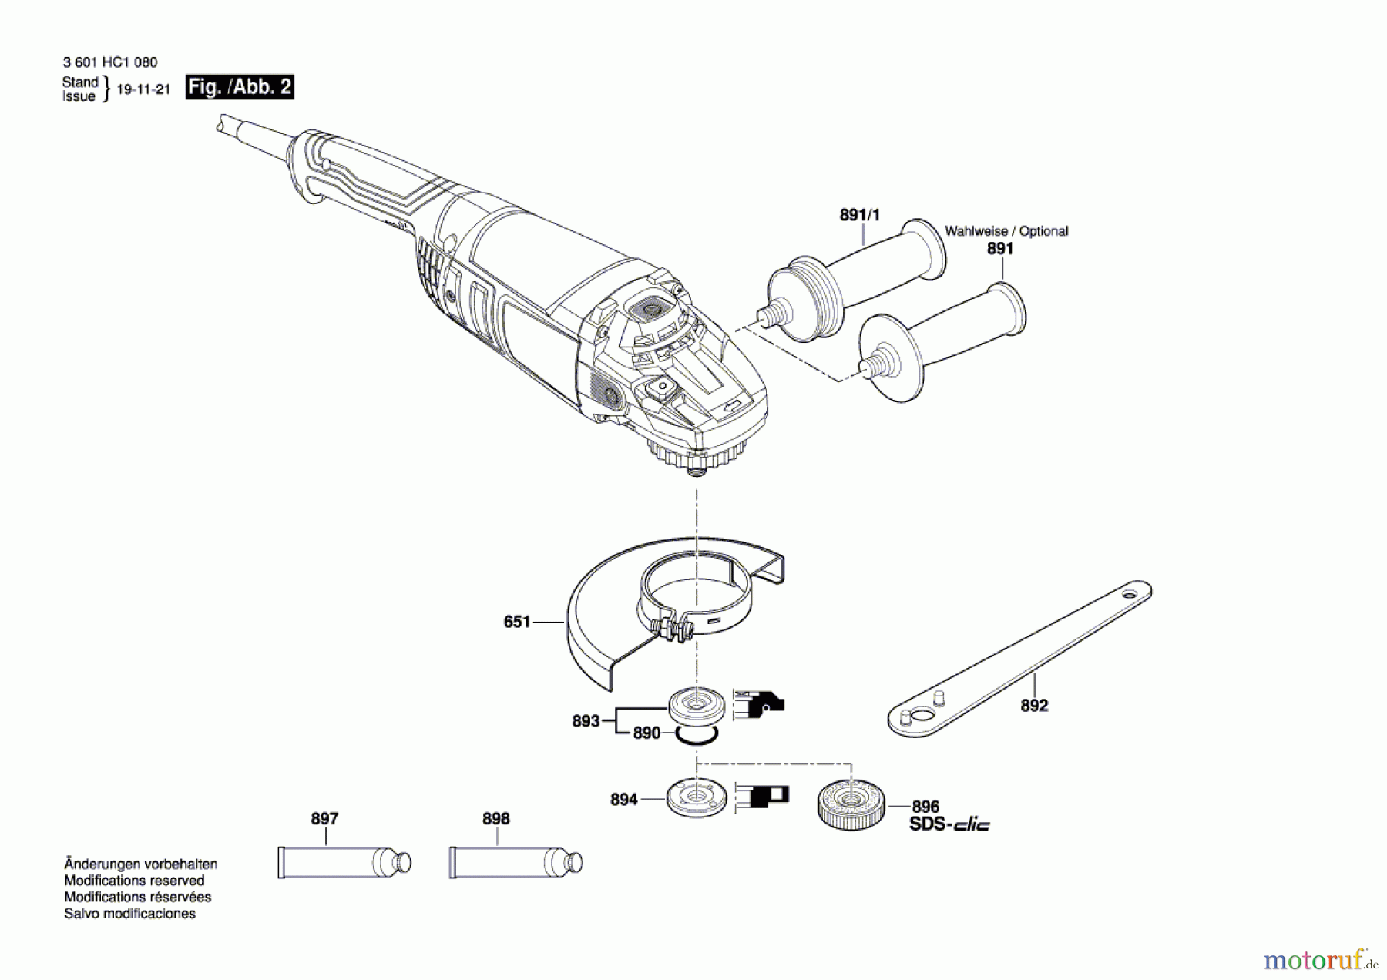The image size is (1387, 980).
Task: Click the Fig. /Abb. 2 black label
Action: pos(240,86)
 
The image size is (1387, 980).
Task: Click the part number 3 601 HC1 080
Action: pos(110,62)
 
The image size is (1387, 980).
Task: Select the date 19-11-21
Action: pos(143,89)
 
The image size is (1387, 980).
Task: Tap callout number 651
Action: pos(516,621)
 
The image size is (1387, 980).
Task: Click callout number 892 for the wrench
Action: pos(1034,705)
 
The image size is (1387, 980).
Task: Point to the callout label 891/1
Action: pos(859,215)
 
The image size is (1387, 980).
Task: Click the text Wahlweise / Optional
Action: pos(1006,231)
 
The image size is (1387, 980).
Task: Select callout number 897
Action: pos(324,818)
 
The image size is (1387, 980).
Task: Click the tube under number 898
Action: pos(515,862)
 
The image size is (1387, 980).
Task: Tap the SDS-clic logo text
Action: pos(949,824)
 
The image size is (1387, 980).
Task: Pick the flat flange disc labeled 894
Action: pos(697,798)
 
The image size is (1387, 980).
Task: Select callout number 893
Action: pos(586,721)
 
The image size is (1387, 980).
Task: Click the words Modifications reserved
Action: pos(134,881)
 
